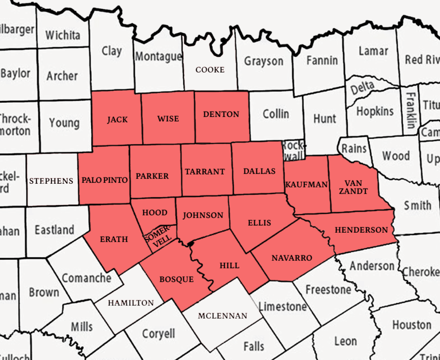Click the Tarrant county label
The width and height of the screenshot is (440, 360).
pyautogui.click(x=205, y=172)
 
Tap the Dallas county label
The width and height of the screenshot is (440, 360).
pyautogui.click(x=259, y=171)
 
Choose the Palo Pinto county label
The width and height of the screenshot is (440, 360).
pyautogui.click(x=105, y=180)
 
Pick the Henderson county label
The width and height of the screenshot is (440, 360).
pyautogui.click(x=361, y=230)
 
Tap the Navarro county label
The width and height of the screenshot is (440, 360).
pyautogui.click(x=292, y=258)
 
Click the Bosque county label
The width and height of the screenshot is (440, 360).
pyautogui.click(x=177, y=279)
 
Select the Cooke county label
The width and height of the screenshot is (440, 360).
pyautogui.click(x=210, y=70)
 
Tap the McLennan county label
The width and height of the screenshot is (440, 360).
pyautogui.click(x=222, y=316)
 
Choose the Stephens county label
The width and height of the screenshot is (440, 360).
pyautogui.click(x=51, y=181)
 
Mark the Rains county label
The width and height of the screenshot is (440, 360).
pyautogui.click(x=354, y=148)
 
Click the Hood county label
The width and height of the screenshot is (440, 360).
pyautogui.click(x=155, y=213)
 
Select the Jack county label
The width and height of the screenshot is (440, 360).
pyautogui.click(x=117, y=119)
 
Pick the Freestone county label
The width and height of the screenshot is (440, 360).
pyautogui.click(x=328, y=290)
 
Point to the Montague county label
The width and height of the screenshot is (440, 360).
pyautogui.click(x=158, y=57)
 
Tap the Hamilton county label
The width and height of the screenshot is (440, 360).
pyautogui.click(x=131, y=303)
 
